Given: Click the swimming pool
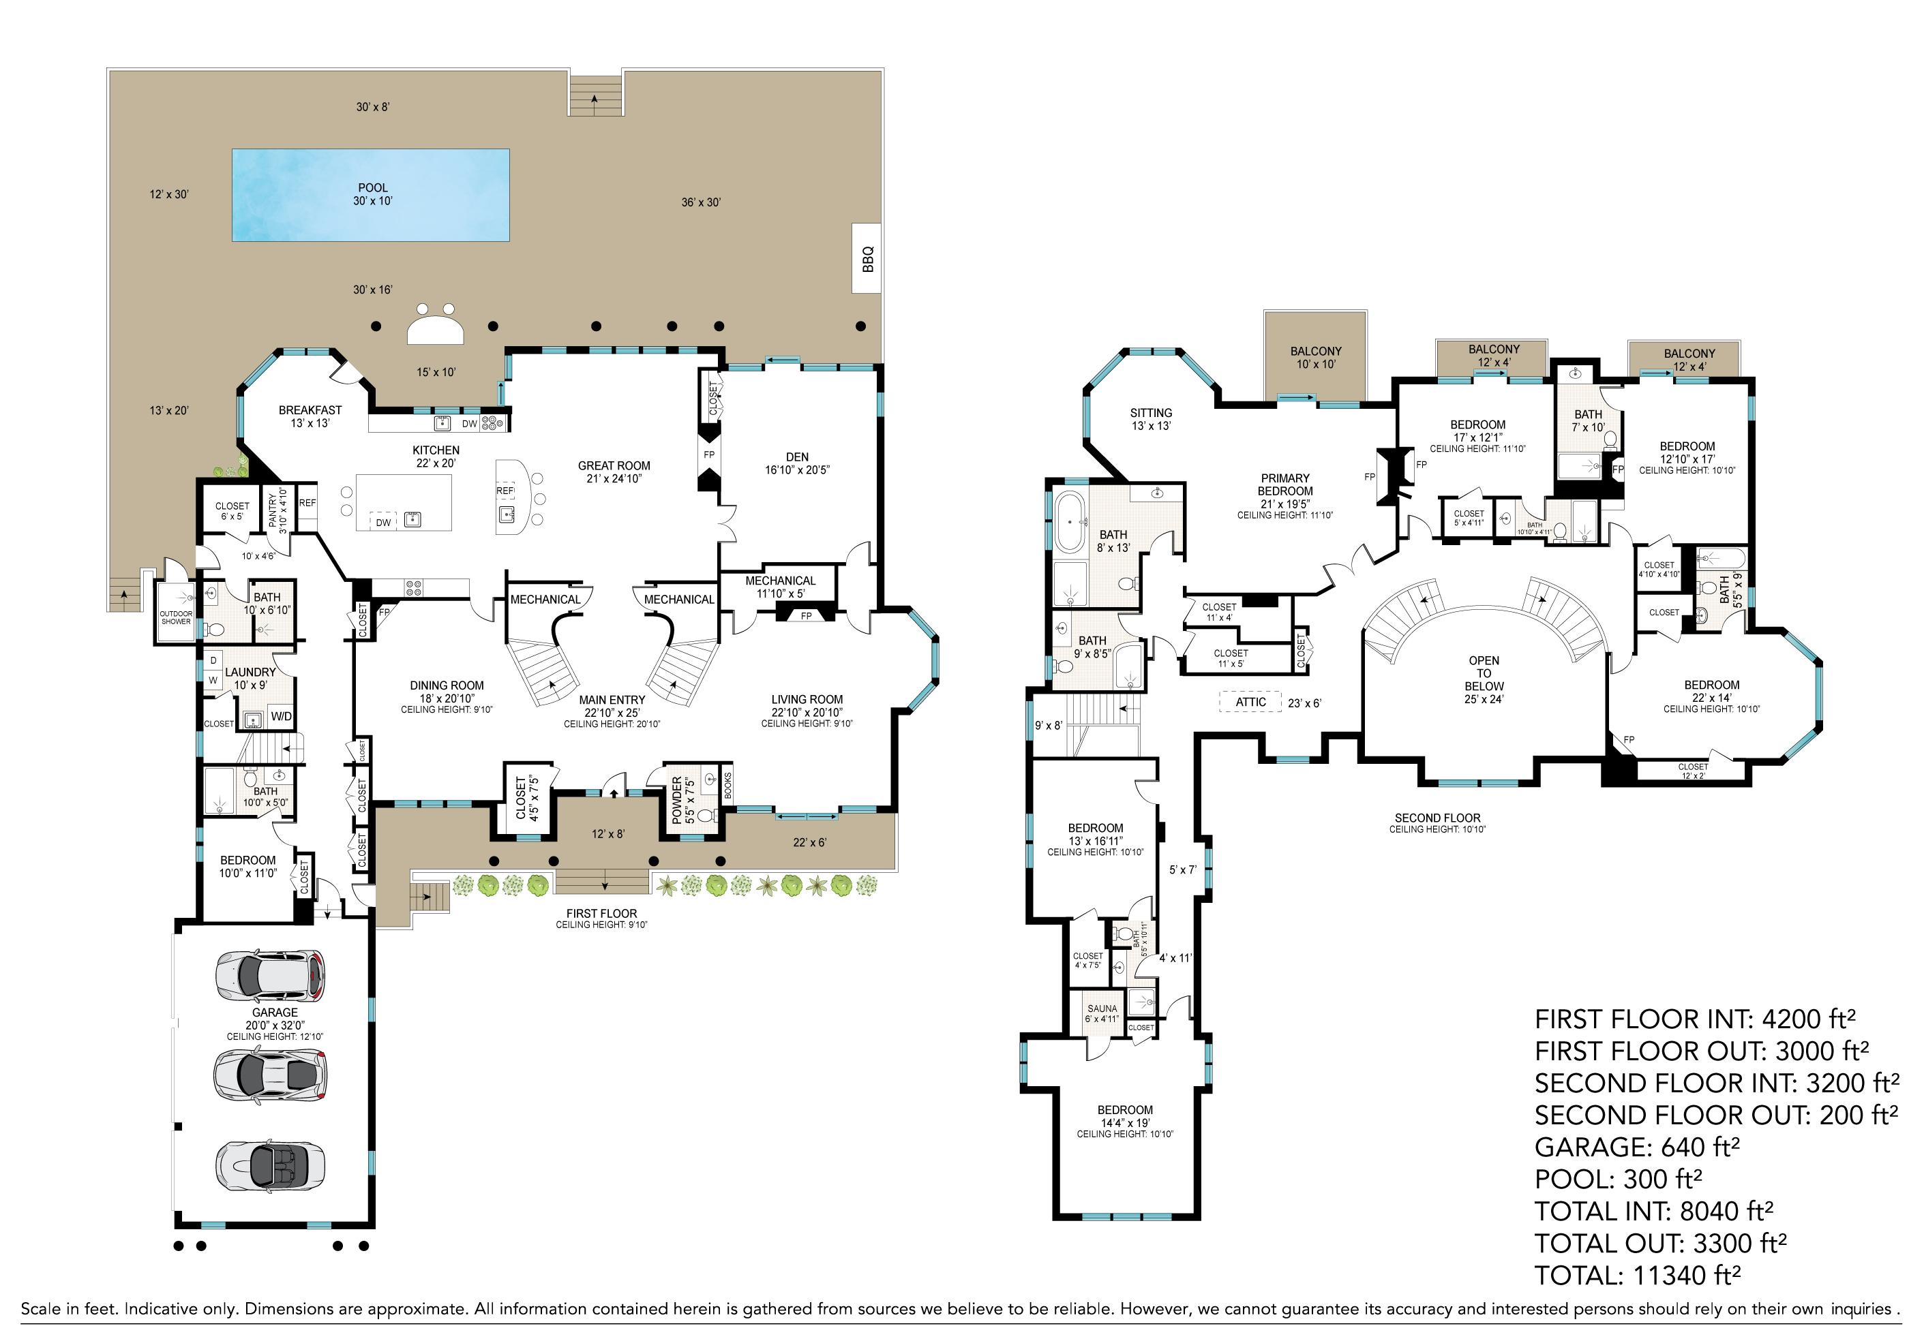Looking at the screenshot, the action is pyautogui.click(x=370, y=195).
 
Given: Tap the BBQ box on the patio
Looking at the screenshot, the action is pyautogui.click(x=867, y=258).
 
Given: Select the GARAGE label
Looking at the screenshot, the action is pyautogui.click(x=275, y=1013).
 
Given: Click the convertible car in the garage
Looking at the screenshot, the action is pyautogui.click(x=271, y=1166).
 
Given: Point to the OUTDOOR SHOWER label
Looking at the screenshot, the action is pyautogui.click(x=176, y=617).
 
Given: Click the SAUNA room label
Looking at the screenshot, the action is pyautogui.click(x=1102, y=1008).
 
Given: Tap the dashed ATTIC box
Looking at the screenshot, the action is pyautogui.click(x=1251, y=702).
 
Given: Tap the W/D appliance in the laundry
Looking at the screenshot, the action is pyautogui.click(x=281, y=716).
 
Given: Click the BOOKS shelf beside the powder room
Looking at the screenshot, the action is pyautogui.click(x=727, y=785).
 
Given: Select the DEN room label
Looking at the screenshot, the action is pyautogui.click(x=797, y=457).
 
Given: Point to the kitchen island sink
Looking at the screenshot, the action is pyautogui.click(x=411, y=520).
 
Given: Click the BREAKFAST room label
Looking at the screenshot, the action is pyautogui.click(x=310, y=410).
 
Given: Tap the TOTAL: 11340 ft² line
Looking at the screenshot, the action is pyautogui.click(x=1638, y=1276).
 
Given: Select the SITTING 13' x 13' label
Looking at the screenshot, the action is pyautogui.click(x=1151, y=419).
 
